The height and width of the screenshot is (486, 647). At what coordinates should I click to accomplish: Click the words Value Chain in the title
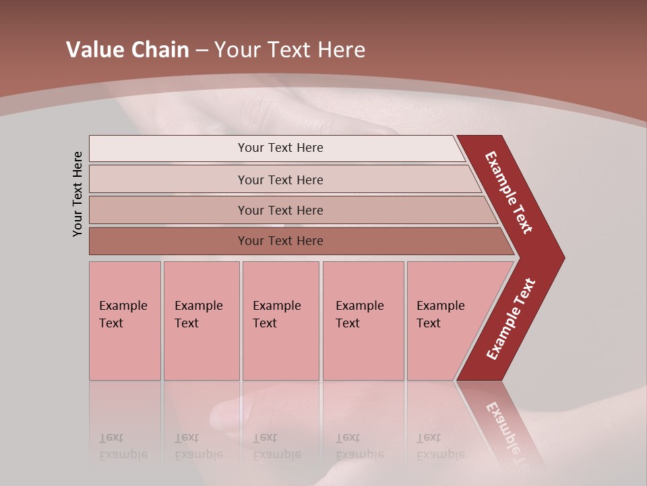[127, 50]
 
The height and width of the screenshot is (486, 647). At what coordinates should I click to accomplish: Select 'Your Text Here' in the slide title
[290, 50]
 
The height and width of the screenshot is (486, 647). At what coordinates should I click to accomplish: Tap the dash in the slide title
[202, 51]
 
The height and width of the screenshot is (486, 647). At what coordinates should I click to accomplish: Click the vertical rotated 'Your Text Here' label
[78, 194]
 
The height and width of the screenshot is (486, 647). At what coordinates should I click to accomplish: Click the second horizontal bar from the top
[280, 180]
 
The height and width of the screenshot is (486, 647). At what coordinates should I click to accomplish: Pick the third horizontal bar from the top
[280, 210]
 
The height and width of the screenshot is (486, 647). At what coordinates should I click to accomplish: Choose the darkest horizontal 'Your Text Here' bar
[280, 241]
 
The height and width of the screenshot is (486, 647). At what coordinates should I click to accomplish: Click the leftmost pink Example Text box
[125, 321]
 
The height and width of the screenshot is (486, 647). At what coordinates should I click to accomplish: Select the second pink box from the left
[201, 321]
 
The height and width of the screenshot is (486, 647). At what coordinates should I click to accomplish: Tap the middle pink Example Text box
[280, 321]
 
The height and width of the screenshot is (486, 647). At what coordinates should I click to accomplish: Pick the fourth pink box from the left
[363, 321]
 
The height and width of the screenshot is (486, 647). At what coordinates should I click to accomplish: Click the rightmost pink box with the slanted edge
[445, 321]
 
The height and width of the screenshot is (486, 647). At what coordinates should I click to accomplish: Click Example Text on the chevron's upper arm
[509, 192]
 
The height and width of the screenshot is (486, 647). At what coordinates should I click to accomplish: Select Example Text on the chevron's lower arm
[511, 319]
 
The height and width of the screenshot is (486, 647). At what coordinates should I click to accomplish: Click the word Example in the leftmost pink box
[123, 306]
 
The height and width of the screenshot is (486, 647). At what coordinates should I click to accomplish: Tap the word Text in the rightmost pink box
[429, 323]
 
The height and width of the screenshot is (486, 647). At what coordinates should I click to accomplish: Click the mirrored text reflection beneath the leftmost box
[123, 446]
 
